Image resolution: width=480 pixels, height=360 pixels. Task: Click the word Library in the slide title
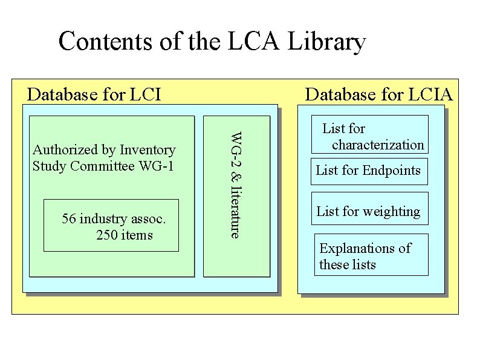pyautogui.click(x=327, y=42)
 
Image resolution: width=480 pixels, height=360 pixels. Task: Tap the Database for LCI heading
pyautogui.click(x=94, y=94)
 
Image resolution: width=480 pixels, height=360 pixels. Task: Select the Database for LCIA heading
pyautogui.click(x=378, y=94)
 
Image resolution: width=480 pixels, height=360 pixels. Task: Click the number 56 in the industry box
pyautogui.click(x=69, y=219)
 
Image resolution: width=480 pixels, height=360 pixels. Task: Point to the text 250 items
pyautogui.click(x=125, y=235)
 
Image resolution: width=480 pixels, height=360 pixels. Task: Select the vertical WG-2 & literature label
pyautogui.click(x=236, y=185)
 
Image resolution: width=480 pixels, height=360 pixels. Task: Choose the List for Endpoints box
pyautogui.click(x=369, y=171)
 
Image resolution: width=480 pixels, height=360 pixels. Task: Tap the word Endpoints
pyautogui.click(x=391, y=171)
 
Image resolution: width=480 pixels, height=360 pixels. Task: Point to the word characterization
pyautogui.click(x=378, y=145)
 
